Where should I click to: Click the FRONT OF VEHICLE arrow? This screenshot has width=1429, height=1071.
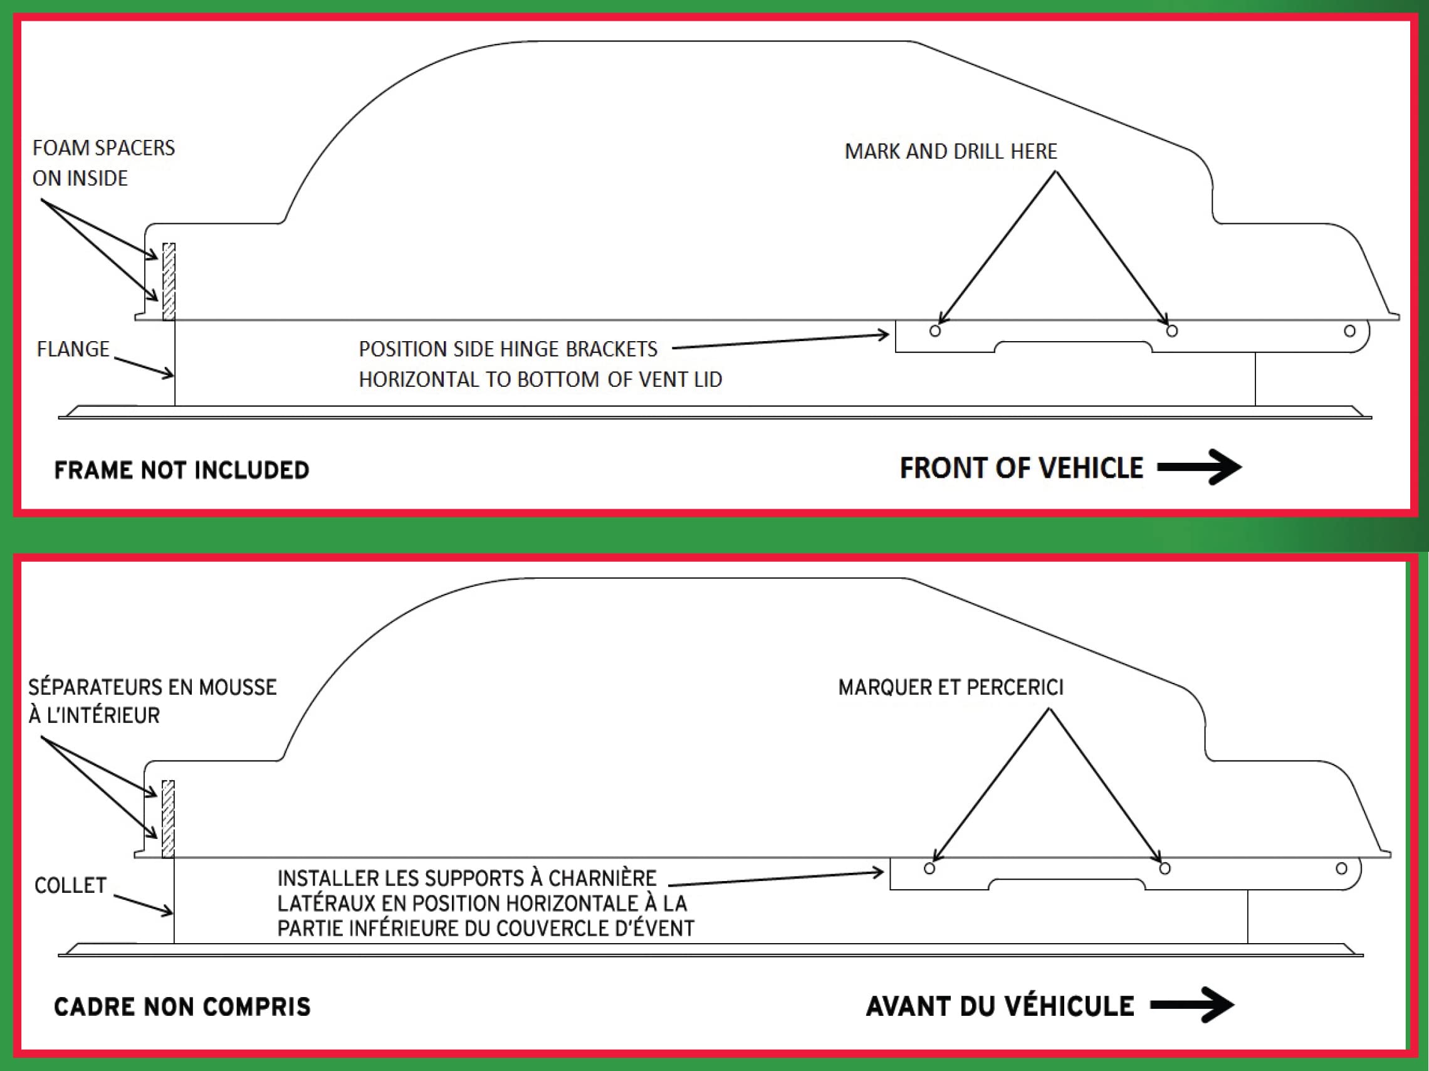point(1199,467)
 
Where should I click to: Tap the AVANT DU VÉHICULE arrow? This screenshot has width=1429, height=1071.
point(1192,1005)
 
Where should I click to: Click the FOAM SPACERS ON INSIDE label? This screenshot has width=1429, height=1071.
point(103,163)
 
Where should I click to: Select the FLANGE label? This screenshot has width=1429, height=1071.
point(73,349)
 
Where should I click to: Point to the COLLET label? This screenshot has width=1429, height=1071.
point(70,885)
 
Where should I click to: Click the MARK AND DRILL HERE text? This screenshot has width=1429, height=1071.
point(951,152)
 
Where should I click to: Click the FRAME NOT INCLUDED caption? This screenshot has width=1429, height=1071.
point(182,470)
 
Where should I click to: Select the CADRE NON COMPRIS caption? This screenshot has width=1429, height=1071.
point(182,1006)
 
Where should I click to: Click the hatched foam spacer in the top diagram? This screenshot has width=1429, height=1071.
point(169,281)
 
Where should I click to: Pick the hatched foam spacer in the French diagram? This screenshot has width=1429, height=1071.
point(168,818)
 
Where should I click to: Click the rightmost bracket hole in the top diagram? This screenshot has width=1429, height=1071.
point(1349,331)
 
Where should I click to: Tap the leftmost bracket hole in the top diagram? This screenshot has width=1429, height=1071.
point(934,331)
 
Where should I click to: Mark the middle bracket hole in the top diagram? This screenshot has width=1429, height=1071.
point(1172,331)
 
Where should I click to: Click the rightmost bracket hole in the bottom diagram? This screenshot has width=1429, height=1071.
point(1342,868)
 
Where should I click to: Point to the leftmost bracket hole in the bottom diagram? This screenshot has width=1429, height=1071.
point(929,868)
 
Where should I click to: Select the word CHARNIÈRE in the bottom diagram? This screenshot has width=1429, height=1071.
point(602,878)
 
